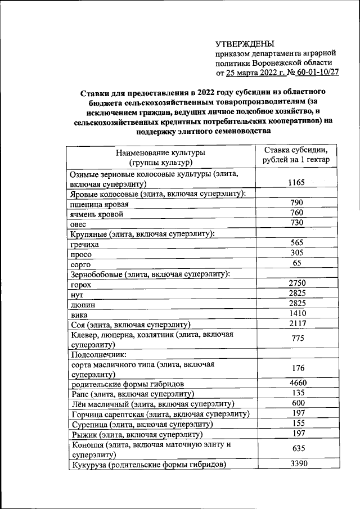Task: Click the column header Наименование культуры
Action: click(160, 153)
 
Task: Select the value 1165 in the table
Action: click(296, 182)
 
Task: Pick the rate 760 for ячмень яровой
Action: click(296, 213)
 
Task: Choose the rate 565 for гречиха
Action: click(296, 242)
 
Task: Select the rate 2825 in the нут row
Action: click(296, 293)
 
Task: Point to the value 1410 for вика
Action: click(296, 313)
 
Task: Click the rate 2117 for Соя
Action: click(296, 323)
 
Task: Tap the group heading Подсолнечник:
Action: click(98, 355)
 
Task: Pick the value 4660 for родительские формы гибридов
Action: click(296, 383)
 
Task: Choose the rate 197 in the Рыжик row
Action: click(296, 433)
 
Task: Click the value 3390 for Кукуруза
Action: click(296, 463)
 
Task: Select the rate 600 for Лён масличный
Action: click(296, 403)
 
